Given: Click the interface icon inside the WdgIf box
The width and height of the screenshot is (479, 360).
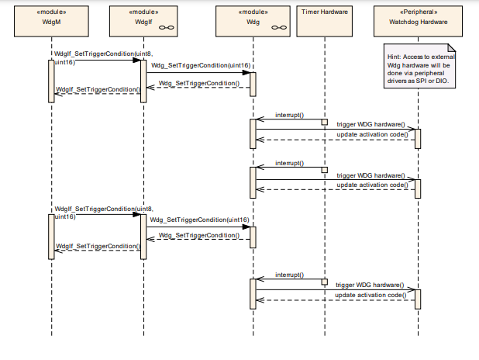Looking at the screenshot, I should [164, 27].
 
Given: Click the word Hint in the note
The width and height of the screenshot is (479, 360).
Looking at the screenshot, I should [395, 57].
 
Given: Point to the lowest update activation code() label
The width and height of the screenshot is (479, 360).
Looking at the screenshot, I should [370, 296].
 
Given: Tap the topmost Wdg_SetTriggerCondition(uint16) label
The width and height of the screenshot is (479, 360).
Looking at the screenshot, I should [200, 66].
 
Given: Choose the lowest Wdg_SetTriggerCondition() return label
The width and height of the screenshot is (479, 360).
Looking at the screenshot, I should [198, 235].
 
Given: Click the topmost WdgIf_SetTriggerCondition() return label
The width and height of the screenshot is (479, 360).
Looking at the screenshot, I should [98, 90].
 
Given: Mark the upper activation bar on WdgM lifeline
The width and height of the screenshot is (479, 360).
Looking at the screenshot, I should [51, 78].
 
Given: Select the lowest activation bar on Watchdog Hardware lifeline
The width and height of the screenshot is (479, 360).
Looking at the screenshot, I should [418, 299].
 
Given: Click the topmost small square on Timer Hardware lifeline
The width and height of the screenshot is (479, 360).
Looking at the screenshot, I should [325, 122].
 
